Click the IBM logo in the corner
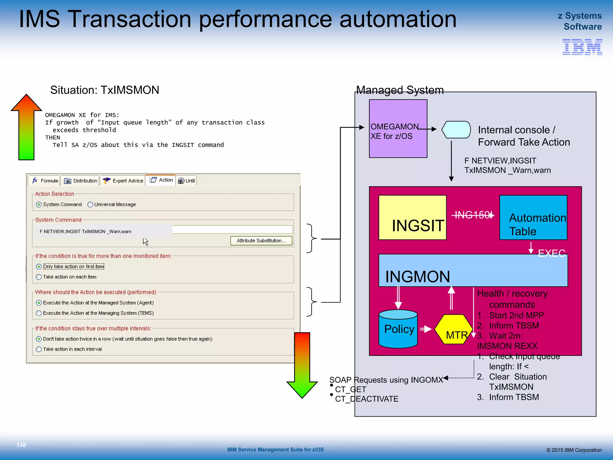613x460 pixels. (582, 47)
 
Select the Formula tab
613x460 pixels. (45, 181)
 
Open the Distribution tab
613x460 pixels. (81, 181)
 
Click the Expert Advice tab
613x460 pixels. (123, 181)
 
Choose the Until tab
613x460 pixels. (186, 181)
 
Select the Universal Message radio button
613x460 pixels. (90, 205)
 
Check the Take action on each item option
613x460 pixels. (39, 277)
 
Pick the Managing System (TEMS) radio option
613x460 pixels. (39, 313)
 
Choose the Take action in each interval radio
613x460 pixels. (39, 349)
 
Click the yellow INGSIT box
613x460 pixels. (412, 217)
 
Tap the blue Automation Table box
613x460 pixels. (533, 217)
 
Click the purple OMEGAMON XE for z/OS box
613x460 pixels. (398, 128)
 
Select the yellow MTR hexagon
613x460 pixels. (454, 329)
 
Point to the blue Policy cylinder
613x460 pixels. (398, 329)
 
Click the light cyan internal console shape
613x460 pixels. (456, 130)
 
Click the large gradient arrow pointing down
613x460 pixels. (302, 365)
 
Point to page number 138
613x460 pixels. (21, 445)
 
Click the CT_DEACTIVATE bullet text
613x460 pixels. (366, 399)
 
